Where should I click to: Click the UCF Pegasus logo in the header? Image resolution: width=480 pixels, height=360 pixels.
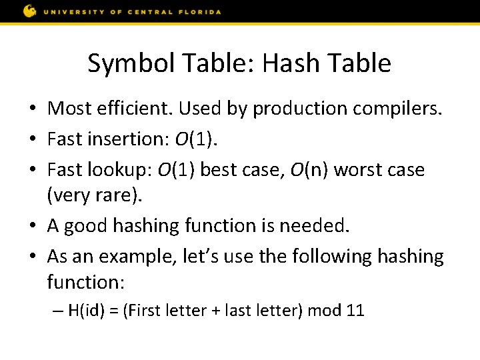point(30,11)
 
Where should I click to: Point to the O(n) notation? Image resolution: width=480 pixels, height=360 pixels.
point(307,169)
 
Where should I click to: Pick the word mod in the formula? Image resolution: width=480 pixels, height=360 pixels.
point(322,311)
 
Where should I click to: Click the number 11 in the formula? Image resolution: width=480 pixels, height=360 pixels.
point(355,311)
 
